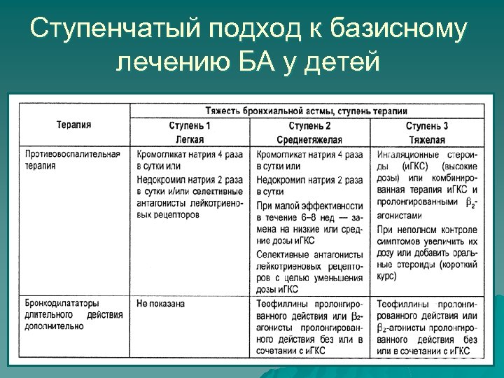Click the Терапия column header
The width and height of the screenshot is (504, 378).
[x=73, y=125]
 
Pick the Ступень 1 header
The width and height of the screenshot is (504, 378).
[x=189, y=126]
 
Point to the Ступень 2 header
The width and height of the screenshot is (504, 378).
[x=309, y=126]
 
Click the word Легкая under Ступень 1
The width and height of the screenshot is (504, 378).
[x=189, y=140]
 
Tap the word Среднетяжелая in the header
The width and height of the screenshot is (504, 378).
[x=309, y=140]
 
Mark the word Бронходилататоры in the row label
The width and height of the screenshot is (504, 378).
[x=64, y=304]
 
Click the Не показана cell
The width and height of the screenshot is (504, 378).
[x=160, y=304]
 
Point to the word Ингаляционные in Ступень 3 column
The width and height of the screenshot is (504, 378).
[x=407, y=154]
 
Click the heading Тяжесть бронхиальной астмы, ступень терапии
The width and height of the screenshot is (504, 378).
[x=307, y=111]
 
